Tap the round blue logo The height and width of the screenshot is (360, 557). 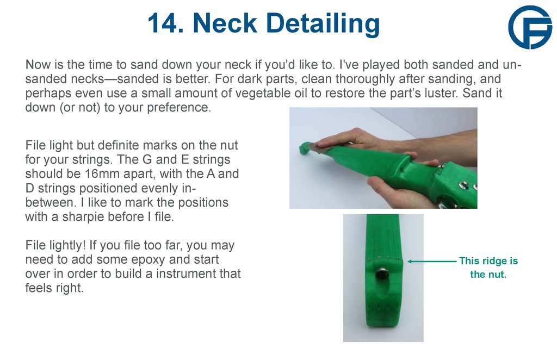coord(530,28)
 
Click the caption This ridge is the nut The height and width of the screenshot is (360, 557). coord(488,268)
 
